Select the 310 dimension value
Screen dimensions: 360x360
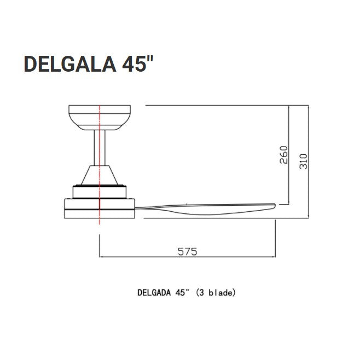[303, 161]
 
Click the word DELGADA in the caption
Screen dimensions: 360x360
[154, 293]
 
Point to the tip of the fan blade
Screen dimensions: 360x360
[273, 205]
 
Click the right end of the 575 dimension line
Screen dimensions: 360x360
[275, 256]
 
